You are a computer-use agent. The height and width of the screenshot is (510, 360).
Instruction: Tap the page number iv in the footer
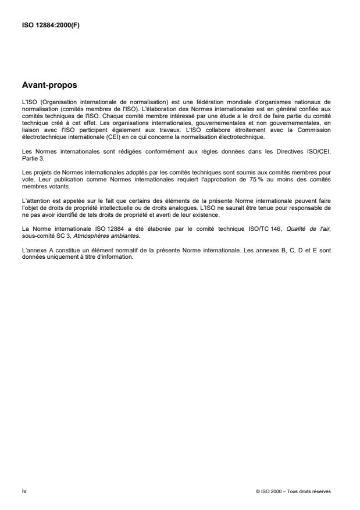click(x=23, y=491)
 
